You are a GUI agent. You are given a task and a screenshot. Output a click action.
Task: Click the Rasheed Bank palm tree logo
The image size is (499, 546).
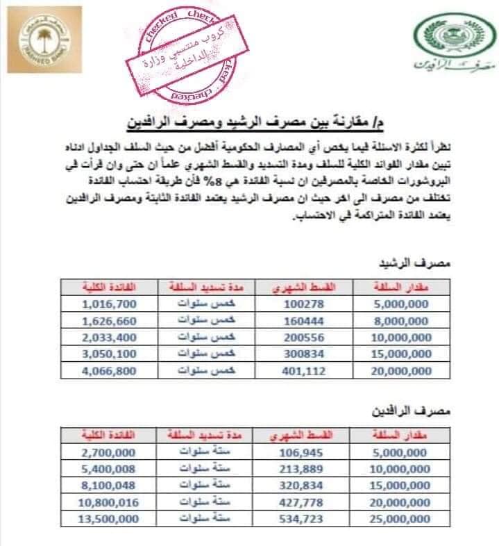coord(46,41)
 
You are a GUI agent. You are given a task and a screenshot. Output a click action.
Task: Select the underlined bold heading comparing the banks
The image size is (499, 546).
coord(253,122)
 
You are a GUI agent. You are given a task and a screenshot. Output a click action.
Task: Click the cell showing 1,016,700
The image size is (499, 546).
coord(108,304)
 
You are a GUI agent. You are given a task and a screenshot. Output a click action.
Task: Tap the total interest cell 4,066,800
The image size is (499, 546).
coord(108,370)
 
